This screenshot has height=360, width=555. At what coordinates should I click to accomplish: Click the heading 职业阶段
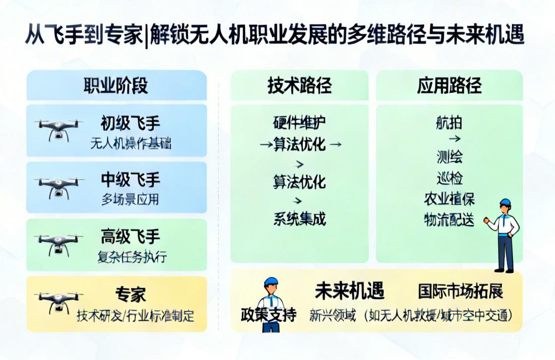click(116, 86)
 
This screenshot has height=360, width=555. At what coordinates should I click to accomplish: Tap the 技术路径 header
click(299, 86)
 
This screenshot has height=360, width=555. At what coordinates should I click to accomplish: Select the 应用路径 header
click(449, 86)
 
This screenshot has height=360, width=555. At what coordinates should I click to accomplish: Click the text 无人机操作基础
click(131, 144)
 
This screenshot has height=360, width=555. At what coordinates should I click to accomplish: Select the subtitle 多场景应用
click(130, 199)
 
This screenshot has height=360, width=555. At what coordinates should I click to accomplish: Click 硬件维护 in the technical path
click(299, 123)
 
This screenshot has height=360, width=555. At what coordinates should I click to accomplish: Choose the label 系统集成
click(299, 219)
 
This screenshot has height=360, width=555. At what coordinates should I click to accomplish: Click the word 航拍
click(449, 123)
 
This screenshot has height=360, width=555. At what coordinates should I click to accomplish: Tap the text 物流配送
click(449, 220)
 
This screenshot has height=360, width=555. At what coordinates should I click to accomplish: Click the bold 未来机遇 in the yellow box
click(349, 291)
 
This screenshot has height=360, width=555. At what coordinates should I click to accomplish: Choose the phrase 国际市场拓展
click(460, 291)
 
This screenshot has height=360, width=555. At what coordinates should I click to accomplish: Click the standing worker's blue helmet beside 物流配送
click(505, 203)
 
